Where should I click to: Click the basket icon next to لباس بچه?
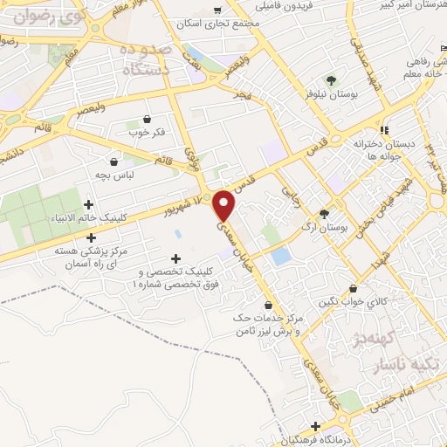pos(113,161)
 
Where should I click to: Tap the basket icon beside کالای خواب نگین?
pos(353,288)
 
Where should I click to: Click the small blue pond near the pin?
pos(280,257)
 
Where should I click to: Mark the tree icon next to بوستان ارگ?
pos(325,212)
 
